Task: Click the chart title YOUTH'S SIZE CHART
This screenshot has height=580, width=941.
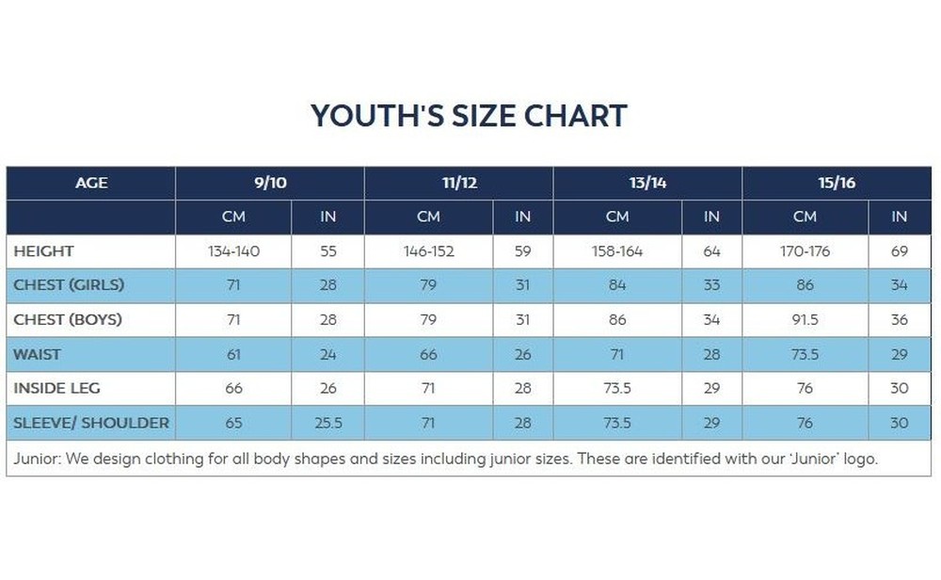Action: tap(469, 116)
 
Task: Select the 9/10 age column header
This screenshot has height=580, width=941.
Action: tap(270, 183)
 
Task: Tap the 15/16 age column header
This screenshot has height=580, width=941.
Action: tap(837, 183)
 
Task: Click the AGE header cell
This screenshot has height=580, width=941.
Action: tap(91, 183)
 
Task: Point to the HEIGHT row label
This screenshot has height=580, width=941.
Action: tap(43, 251)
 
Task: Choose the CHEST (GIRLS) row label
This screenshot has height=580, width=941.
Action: tap(69, 285)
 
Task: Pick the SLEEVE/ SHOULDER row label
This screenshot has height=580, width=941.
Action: tap(91, 423)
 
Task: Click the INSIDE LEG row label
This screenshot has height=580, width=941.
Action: tap(56, 388)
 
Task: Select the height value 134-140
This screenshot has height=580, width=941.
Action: tap(233, 251)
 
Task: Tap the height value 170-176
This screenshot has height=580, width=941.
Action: tap(805, 251)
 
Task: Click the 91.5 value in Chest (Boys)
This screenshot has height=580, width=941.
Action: tap(805, 320)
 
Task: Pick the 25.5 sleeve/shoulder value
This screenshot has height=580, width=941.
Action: tap(327, 423)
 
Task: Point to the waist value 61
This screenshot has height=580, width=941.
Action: tap(233, 354)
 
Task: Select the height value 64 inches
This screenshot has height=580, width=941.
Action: tap(711, 251)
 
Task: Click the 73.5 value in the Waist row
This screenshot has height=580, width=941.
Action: tap(805, 354)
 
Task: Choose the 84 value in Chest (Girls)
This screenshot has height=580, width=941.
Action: tap(617, 285)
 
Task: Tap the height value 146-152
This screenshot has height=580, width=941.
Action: tap(428, 251)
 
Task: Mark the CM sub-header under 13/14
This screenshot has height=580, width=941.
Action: tap(617, 217)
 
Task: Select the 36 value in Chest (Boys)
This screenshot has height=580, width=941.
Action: tap(900, 320)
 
